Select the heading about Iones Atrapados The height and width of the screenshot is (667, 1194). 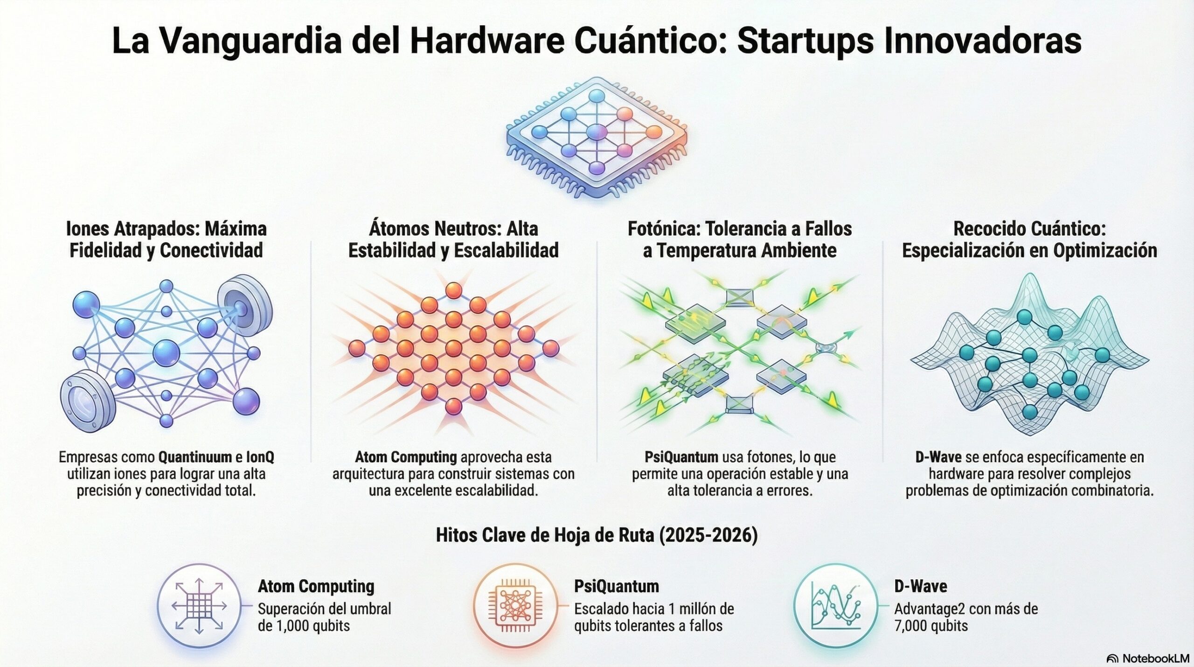tap(167, 239)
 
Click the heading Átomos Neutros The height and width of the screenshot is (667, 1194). tap(453, 239)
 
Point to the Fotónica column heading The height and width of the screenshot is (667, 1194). tap(740, 239)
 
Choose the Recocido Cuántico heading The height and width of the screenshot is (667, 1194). tap(1029, 239)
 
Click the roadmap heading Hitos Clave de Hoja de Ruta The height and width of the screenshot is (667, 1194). tap(597, 535)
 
